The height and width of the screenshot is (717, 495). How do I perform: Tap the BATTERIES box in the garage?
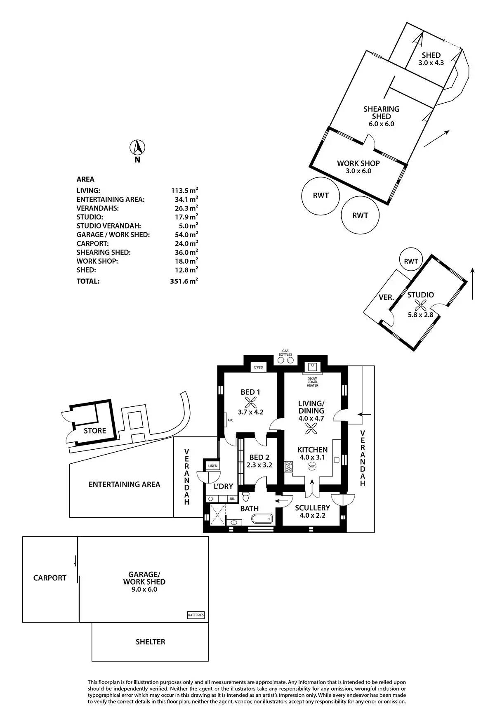point(196,615)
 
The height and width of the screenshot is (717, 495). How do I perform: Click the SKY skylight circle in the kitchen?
point(312,467)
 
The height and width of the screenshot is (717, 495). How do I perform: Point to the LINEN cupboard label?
point(213,466)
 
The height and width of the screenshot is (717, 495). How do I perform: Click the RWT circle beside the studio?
point(411,261)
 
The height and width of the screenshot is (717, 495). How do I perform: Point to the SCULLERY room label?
point(312,508)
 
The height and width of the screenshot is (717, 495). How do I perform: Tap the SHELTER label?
point(150,642)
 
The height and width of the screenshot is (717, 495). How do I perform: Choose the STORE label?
point(95,431)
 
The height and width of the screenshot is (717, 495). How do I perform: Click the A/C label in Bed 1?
point(230,420)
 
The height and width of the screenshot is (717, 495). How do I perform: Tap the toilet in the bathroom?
point(246,495)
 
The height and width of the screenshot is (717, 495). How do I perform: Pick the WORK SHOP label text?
point(358,163)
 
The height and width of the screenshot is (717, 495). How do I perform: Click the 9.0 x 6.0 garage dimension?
point(144,590)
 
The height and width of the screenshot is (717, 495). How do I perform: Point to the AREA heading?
point(85,179)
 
